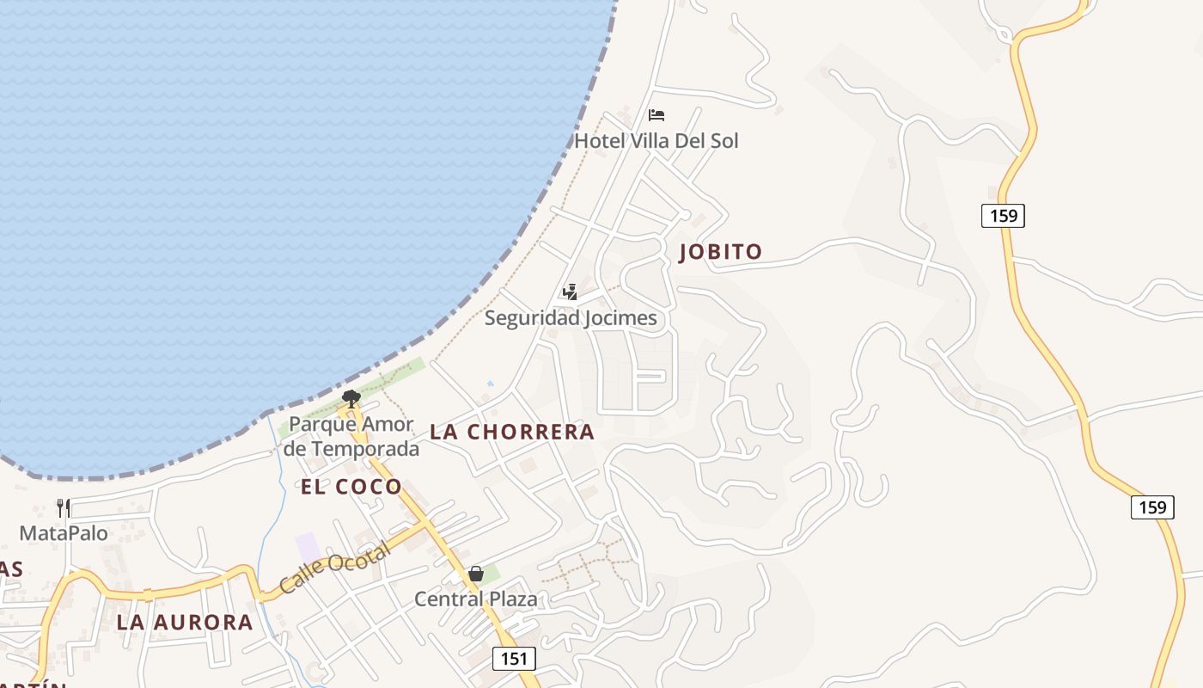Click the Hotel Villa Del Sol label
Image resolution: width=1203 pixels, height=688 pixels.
tap(656, 140)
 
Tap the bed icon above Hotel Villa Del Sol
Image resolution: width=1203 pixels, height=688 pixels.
tap(656, 115)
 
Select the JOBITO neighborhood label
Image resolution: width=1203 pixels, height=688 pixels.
tap(720, 252)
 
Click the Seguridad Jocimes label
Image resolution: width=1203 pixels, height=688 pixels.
tap(570, 318)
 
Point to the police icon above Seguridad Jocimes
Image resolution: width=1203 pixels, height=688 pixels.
tap(569, 292)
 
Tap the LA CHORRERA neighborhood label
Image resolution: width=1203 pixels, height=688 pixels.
tap(512, 432)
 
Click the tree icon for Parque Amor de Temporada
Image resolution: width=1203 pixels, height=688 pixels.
tap(351, 397)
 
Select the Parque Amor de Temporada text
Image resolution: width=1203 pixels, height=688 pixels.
tap(351, 436)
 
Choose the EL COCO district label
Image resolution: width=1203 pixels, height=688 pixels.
tap(351, 487)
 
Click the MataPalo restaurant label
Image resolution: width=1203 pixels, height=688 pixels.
tap(64, 533)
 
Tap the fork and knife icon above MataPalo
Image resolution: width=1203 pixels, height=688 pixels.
tap(64, 507)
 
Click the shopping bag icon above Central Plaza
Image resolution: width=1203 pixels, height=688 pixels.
tap(476, 574)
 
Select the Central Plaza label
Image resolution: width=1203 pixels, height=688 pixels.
tap(475, 599)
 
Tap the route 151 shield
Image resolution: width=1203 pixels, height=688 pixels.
tap(514, 659)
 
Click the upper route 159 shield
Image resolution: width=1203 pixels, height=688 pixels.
tap(1003, 215)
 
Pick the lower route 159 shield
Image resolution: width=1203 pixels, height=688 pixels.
tap(1151, 507)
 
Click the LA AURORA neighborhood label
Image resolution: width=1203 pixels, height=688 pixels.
tap(185, 623)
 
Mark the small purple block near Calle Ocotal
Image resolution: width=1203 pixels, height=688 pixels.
tap(307, 546)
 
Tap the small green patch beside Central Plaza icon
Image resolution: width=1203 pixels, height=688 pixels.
tap(491, 573)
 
